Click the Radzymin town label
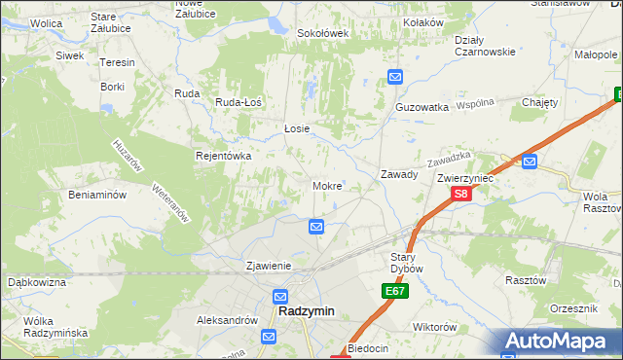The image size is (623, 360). [306, 311]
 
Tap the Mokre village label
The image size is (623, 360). [326, 185]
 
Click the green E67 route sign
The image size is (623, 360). [395, 291]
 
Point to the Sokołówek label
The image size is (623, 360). [322, 33]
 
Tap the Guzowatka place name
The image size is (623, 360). [421, 106]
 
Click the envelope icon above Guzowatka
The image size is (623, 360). [394, 77]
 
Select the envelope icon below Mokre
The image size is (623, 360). [316, 227]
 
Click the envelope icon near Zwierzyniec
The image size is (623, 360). [529, 162]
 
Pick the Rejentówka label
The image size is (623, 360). [224, 156]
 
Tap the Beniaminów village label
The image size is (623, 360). [97, 195]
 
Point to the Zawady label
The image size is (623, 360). [399, 175]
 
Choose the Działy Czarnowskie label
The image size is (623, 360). [485, 46]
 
